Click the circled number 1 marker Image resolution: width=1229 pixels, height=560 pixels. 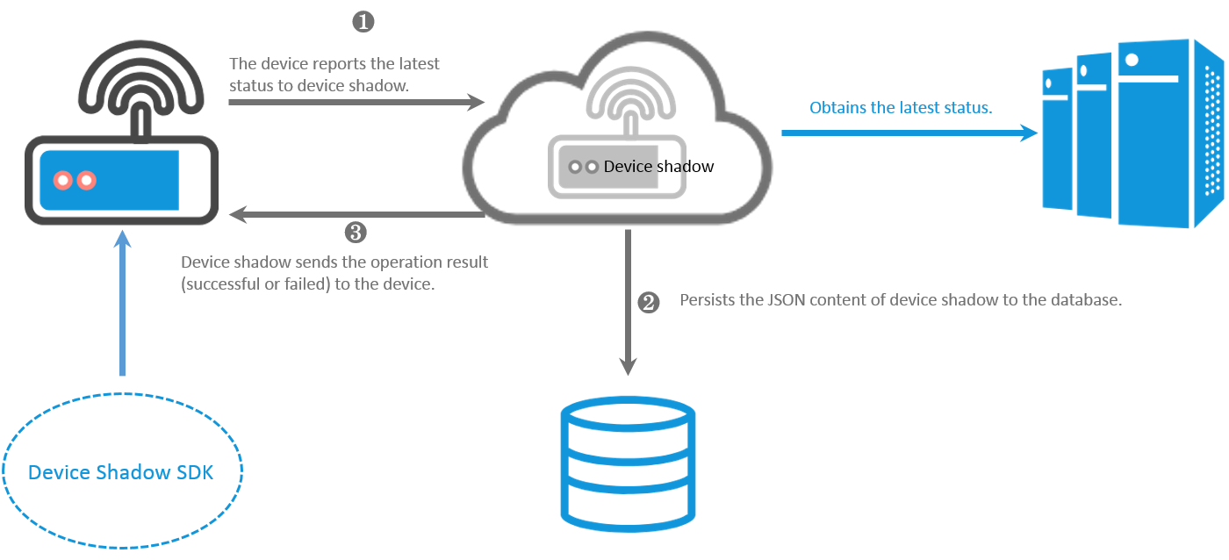[363, 23]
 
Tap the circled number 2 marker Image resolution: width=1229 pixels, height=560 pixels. [648, 303]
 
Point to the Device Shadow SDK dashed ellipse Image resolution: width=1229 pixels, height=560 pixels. [122, 471]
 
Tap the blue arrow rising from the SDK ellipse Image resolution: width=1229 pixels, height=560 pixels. [122, 303]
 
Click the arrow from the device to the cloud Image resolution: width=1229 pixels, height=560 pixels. [356, 103]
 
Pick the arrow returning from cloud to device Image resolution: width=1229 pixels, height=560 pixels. [356, 214]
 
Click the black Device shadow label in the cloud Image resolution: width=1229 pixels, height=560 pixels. [658, 167]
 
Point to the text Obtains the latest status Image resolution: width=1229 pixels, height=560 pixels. [901, 108]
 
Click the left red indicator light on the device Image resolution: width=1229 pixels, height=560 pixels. [63, 181]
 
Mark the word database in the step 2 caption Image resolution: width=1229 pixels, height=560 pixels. [1089, 300]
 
